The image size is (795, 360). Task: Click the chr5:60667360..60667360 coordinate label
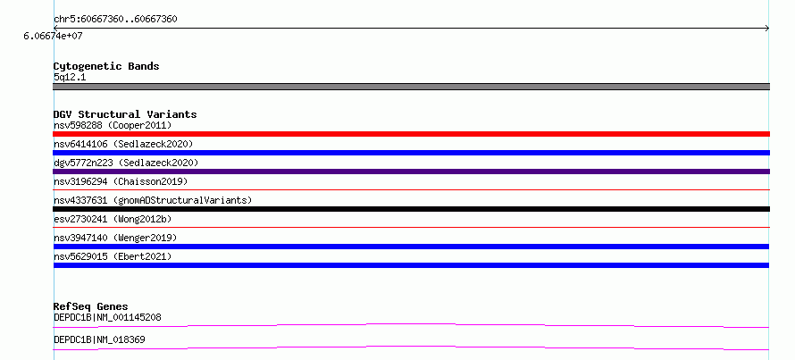(x=115, y=20)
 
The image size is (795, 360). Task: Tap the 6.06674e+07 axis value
(x=53, y=36)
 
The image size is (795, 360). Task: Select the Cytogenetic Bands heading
(x=106, y=66)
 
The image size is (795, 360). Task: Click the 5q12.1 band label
(x=70, y=77)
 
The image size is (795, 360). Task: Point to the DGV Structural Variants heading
(x=125, y=114)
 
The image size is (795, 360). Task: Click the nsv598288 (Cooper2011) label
(x=113, y=125)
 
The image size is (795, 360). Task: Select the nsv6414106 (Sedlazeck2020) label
(x=123, y=144)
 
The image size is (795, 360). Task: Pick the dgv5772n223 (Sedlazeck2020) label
(x=126, y=163)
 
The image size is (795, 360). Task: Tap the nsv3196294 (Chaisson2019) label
(x=121, y=181)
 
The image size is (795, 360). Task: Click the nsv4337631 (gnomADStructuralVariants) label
(x=153, y=200)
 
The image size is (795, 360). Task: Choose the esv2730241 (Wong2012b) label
(x=113, y=219)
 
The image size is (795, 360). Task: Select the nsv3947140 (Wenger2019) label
(x=115, y=238)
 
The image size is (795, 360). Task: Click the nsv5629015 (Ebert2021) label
(x=113, y=256)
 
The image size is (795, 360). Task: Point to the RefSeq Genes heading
(x=91, y=306)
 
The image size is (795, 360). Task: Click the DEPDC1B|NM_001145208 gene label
(x=107, y=317)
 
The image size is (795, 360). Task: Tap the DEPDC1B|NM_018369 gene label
(x=99, y=339)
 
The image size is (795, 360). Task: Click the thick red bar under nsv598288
(x=411, y=134)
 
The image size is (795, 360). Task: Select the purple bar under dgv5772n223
(x=411, y=172)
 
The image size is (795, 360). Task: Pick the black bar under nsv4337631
(x=411, y=209)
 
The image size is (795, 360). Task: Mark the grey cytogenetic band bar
(x=411, y=87)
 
